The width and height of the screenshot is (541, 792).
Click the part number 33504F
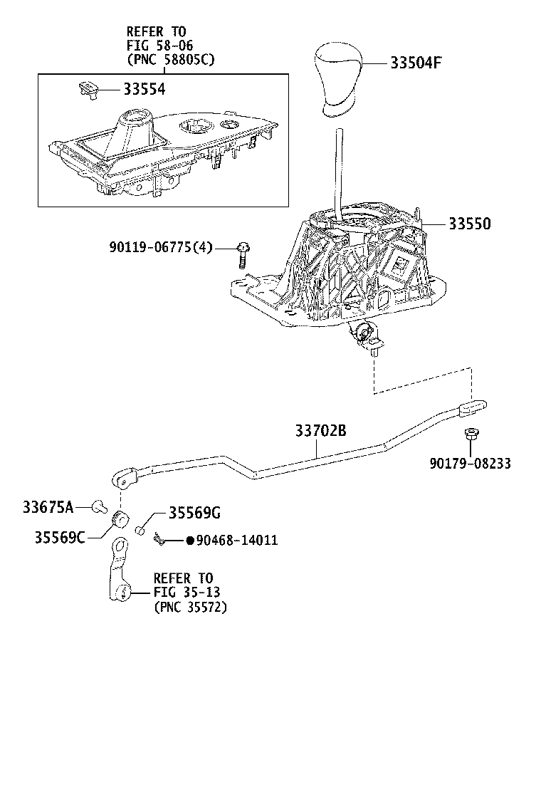[x=416, y=63]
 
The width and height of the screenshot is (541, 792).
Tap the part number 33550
[x=469, y=223]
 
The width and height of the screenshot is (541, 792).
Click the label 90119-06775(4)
[x=161, y=247]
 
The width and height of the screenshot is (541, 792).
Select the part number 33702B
[x=320, y=432]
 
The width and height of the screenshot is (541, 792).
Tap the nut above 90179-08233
[x=471, y=434]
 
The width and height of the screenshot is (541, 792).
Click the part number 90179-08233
[x=470, y=464]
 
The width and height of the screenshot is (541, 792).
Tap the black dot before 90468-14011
[x=190, y=541]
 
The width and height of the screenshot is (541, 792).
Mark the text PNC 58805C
[x=170, y=60]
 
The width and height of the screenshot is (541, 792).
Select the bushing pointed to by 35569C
[x=121, y=518]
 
